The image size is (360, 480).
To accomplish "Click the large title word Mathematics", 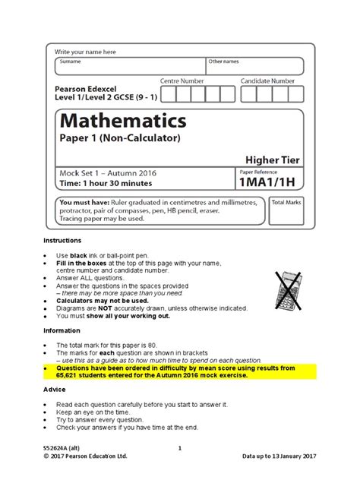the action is pyautogui.click(x=122, y=120).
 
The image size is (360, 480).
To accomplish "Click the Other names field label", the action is pyautogui.click(x=224, y=61).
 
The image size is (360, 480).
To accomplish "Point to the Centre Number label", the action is pyautogui.click(x=182, y=80).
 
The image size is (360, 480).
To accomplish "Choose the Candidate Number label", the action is pyautogui.click(x=268, y=80).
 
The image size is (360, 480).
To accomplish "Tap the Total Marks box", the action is pyautogui.click(x=286, y=212).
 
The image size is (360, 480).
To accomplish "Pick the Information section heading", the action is pyautogui.click(x=62, y=330).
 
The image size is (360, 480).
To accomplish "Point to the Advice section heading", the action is pyautogui.click(x=55, y=388).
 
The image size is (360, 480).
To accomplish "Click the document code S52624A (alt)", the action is pyautogui.click(x=65, y=448).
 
